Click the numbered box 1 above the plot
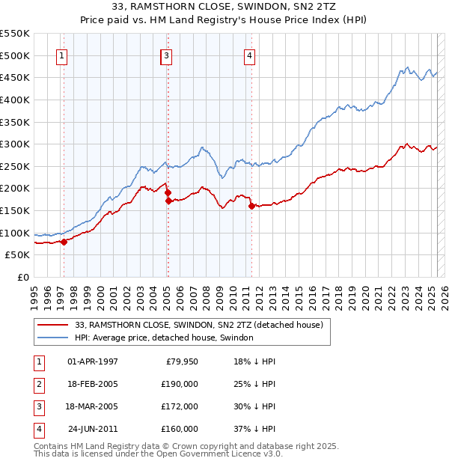point(61,55)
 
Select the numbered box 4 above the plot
point(249,55)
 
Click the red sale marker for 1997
point(64,242)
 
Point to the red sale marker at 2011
point(251,206)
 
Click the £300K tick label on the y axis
point(15,144)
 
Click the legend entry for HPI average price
point(164,338)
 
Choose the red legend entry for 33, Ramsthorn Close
point(198,326)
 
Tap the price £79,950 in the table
point(180,362)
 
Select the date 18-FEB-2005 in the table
point(93,384)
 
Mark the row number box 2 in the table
point(37,384)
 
